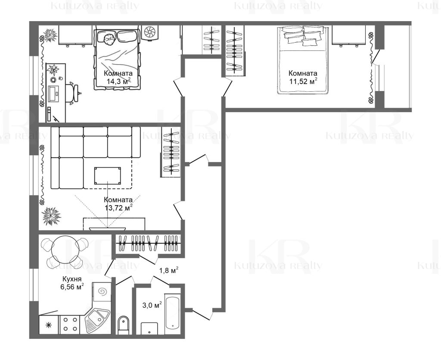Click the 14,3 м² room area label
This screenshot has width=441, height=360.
coord(118,81)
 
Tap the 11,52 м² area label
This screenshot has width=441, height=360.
coord(304,81)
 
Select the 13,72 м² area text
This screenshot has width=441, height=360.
coord(118,208)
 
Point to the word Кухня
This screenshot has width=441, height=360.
coord(72,279)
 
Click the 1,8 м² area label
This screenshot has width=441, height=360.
coord(169,270)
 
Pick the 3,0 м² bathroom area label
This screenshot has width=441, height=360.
coord(152,305)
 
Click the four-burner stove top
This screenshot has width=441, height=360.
coord(70,324)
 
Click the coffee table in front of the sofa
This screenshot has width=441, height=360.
coord(108,176)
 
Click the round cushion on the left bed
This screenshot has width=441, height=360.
coord(109,39)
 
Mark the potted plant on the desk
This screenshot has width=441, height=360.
coord(53,69)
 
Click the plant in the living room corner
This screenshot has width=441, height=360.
coord(51,216)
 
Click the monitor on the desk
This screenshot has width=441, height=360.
coord(53,94)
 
